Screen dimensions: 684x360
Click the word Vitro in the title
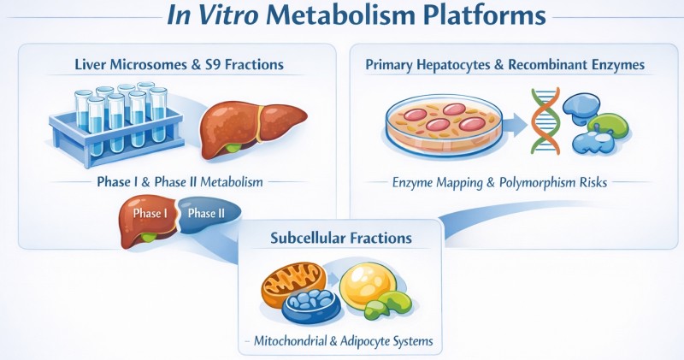(227, 15)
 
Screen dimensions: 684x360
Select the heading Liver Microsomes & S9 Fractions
(179, 65)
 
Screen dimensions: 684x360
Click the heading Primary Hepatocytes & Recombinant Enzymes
(505, 65)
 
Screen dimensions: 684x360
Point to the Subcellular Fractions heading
(341, 238)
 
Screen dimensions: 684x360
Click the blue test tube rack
(115, 131)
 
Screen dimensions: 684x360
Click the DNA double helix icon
(545, 121)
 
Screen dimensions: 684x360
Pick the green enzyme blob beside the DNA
(610, 127)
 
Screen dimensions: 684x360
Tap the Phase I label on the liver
(150, 214)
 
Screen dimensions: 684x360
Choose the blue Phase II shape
(209, 214)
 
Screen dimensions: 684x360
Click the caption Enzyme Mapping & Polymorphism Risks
(500, 182)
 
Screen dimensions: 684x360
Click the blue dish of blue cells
(310, 305)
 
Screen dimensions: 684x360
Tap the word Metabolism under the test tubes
(231, 181)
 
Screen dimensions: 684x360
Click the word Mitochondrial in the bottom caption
(290, 340)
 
